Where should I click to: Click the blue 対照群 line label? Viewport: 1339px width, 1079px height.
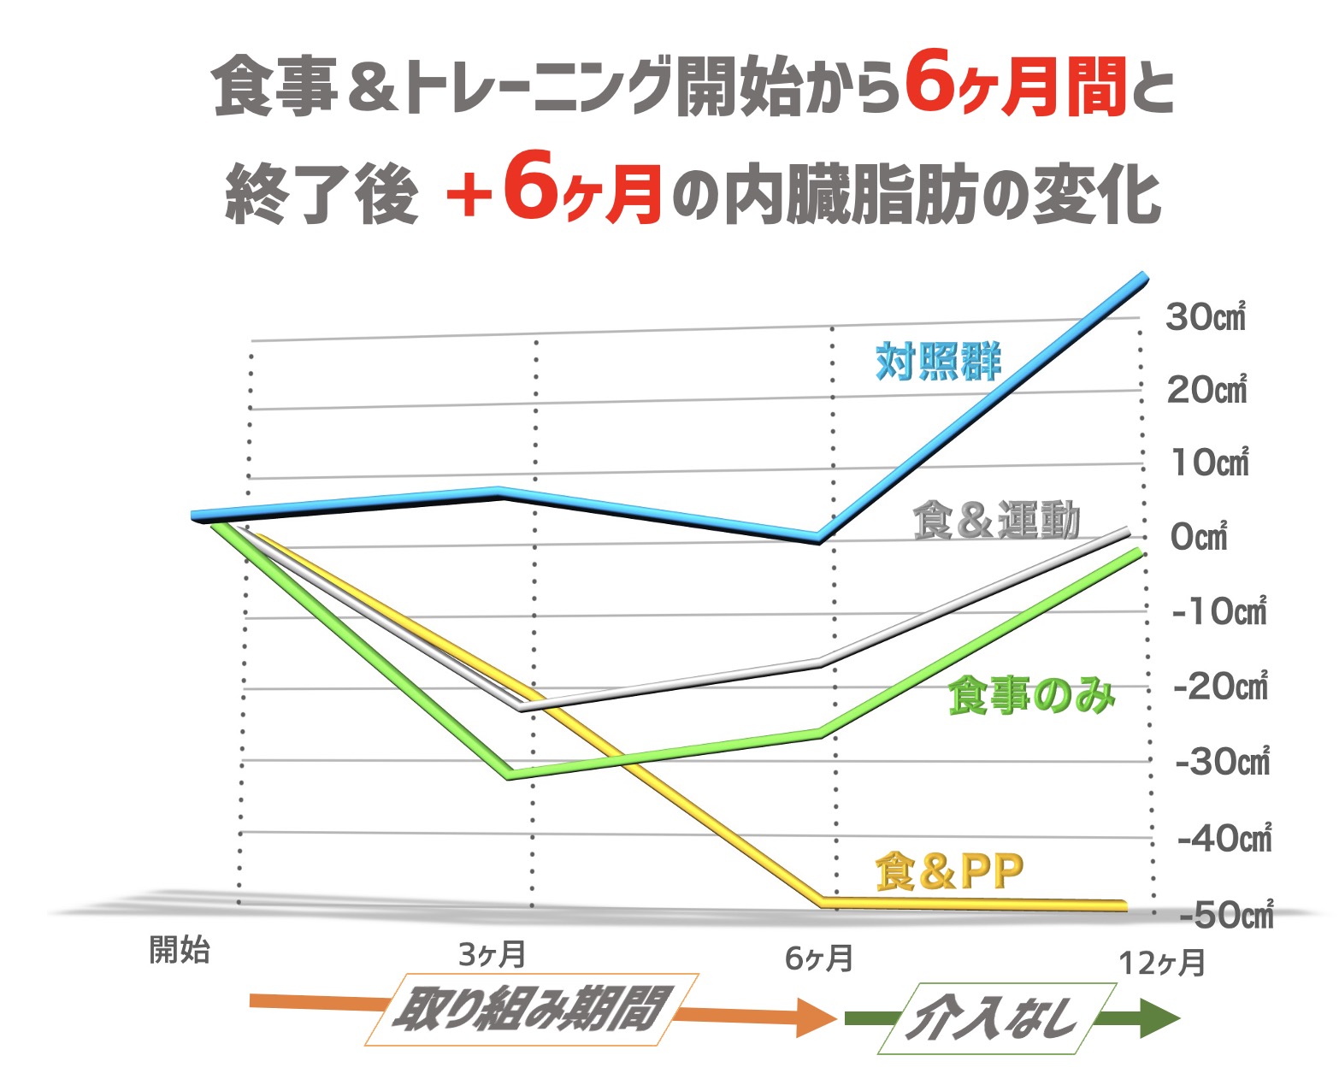[938, 362]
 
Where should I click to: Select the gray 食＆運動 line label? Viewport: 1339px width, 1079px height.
[996, 520]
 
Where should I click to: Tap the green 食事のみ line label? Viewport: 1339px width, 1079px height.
[1031, 696]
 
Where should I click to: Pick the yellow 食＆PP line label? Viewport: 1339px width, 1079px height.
[949, 871]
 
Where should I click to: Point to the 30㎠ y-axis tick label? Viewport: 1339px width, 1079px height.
[1206, 317]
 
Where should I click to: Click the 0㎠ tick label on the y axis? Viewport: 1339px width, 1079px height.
[1199, 537]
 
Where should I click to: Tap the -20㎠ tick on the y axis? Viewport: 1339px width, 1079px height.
[1221, 686]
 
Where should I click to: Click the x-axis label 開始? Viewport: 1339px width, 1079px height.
[180, 949]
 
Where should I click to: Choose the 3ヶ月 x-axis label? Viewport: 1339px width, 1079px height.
[492, 954]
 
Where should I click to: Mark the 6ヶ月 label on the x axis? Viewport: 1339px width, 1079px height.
[818, 958]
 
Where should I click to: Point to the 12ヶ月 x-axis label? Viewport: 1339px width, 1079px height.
[1162, 963]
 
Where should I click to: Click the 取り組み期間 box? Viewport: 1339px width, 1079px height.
[531, 1009]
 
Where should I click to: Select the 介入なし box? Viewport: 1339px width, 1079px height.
[996, 1018]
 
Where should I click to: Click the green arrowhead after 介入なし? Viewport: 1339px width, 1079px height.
[1159, 1018]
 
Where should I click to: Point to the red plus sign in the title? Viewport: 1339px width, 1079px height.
[469, 196]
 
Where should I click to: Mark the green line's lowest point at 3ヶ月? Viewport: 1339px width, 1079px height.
[510, 775]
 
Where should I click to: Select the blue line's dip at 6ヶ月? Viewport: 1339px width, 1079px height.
[818, 538]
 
